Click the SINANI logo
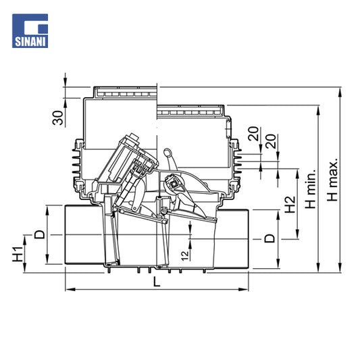30,31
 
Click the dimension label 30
57,118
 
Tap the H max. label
332,180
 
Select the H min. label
311,189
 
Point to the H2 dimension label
290,205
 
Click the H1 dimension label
18,254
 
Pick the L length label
157,282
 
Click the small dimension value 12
185,255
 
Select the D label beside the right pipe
269,238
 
